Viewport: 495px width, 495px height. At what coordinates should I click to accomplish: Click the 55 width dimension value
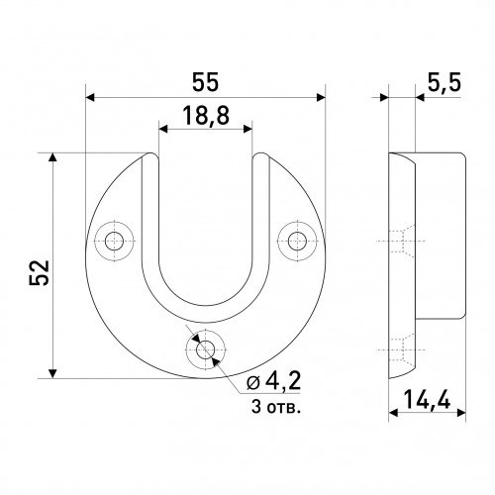pyautogui.click(x=205, y=82)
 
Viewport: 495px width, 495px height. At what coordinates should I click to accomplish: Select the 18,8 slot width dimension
pyautogui.click(x=206, y=116)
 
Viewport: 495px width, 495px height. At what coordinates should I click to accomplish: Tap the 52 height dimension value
pyautogui.click(x=40, y=272)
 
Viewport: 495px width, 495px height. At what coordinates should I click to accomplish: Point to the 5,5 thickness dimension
pyautogui.click(x=445, y=83)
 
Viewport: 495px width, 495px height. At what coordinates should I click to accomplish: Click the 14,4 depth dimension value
pyautogui.click(x=427, y=399)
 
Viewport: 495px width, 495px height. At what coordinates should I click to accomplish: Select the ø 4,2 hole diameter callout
pyautogui.click(x=273, y=382)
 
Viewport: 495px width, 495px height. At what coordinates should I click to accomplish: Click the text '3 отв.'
pyautogui.click(x=276, y=407)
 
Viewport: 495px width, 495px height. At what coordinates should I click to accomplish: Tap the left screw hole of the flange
pyautogui.click(x=114, y=242)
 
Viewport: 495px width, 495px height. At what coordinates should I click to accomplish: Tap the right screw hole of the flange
pyautogui.click(x=297, y=242)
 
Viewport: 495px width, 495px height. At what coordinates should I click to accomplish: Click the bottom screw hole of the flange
pyautogui.click(x=205, y=349)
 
